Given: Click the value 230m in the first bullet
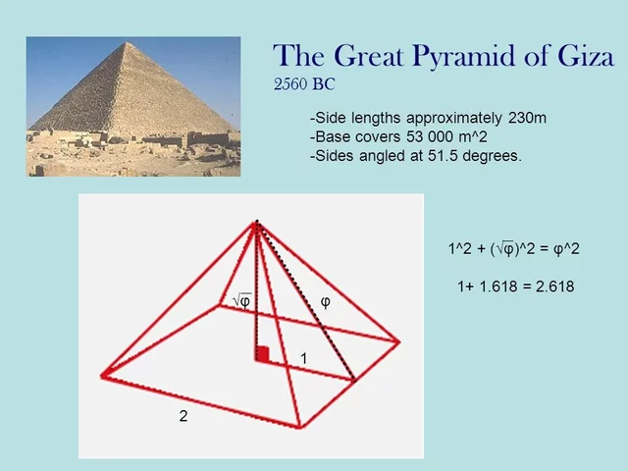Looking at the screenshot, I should (x=526, y=119).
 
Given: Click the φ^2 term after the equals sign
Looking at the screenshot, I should (x=567, y=249).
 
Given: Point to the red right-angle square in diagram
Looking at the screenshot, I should (x=262, y=353).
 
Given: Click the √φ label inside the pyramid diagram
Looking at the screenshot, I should (x=240, y=300).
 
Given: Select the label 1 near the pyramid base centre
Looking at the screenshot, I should (x=304, y=359).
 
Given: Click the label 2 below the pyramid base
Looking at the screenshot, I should (x=183, y=416).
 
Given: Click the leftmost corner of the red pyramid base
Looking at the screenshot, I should (x=102, y=375).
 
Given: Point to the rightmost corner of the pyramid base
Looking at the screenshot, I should (x=398, y=341).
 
